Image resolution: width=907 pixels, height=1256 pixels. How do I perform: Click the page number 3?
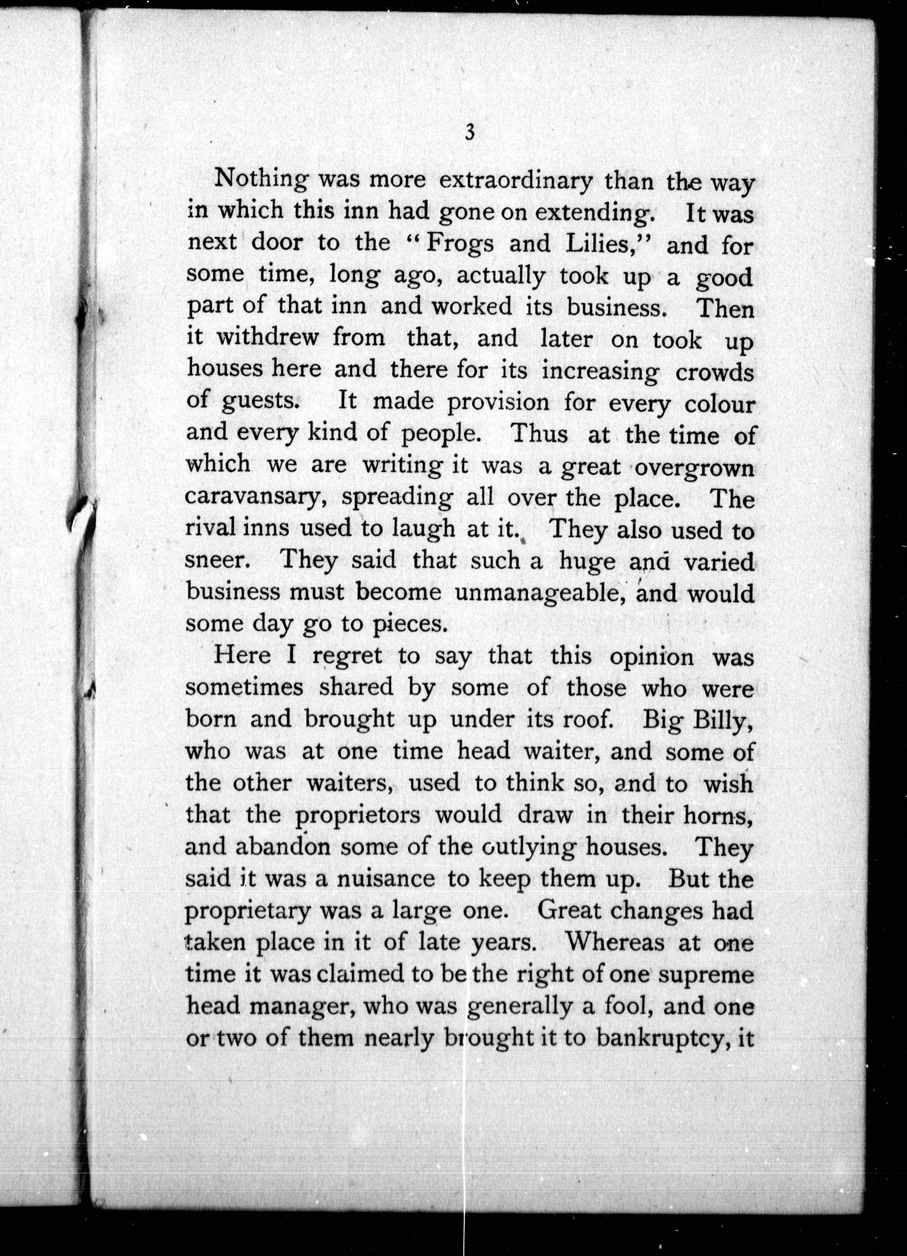(x=469, y=133)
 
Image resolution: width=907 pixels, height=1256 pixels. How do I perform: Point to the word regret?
(x=347, y=656)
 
